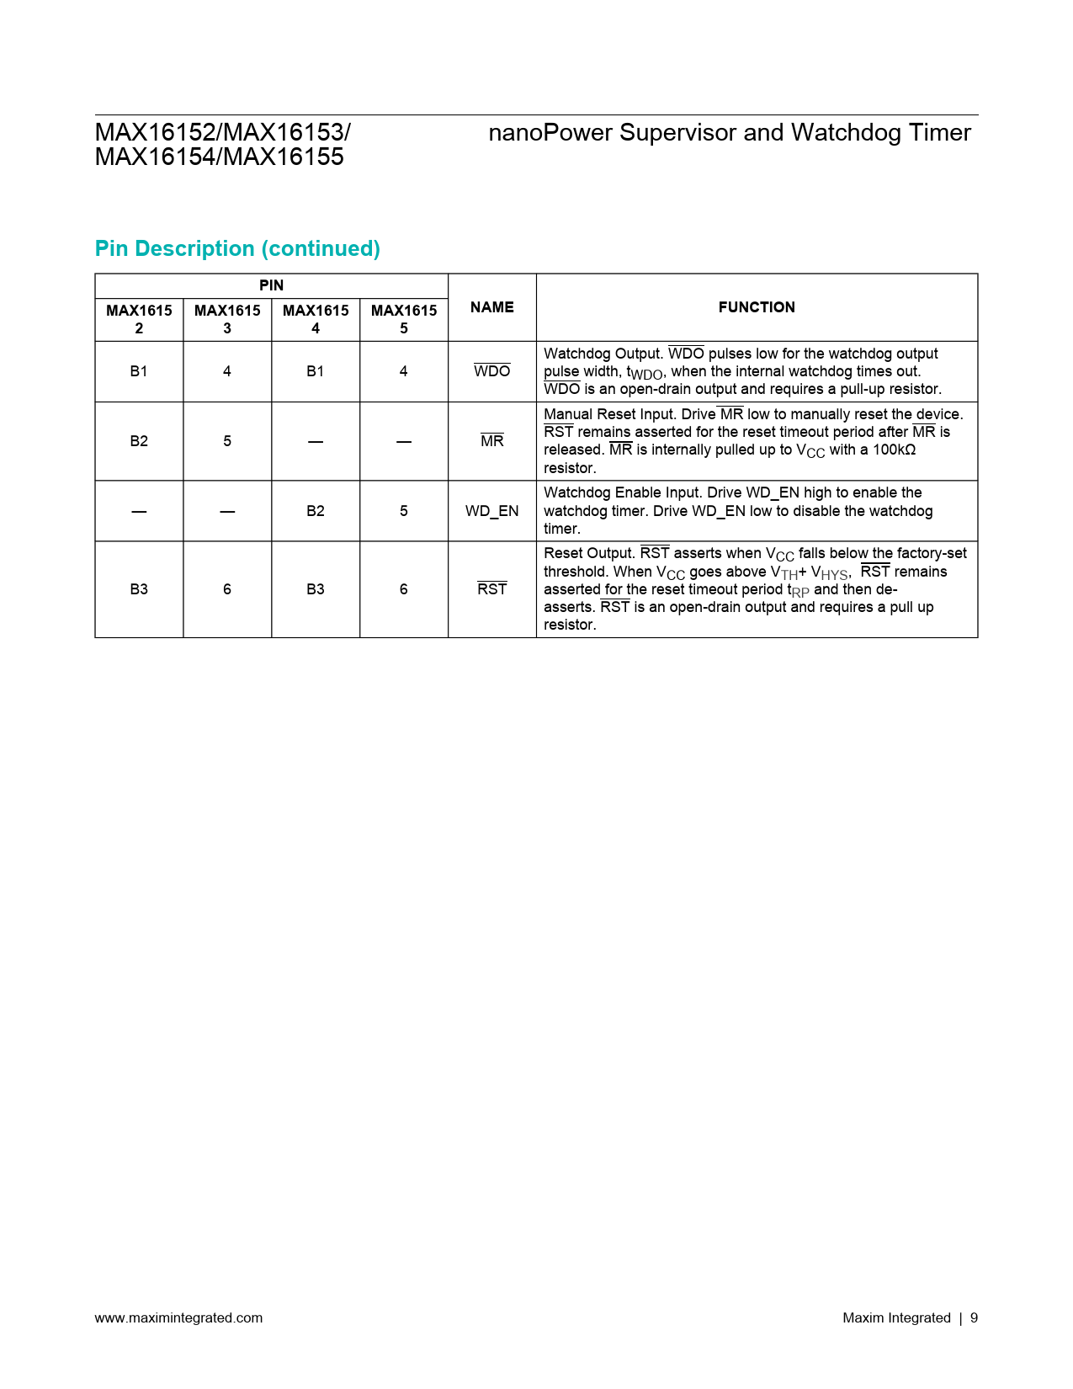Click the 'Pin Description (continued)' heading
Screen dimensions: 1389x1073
click(237, 249)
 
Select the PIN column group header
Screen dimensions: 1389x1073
click(271, 285)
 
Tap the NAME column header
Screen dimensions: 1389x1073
click(491, 307)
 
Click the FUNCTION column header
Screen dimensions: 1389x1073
click(756, 307)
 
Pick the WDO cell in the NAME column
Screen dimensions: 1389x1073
click(491, 371)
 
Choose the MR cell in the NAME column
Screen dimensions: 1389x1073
click(491, 441)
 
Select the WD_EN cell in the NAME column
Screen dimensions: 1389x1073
click(491, 511)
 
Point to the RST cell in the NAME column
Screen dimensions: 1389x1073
click(491, 589)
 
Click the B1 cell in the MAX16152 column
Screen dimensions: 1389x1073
click(139, 371)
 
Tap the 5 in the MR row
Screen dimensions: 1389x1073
click(227, 441)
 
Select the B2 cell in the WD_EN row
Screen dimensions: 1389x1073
click(315, 511)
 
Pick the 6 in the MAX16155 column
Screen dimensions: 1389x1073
click(403, 589)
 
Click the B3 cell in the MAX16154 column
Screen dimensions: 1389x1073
click(315, 589)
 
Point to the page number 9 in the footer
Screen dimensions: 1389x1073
click(974, 1318)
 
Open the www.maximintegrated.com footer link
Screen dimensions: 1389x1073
click(178, 1318)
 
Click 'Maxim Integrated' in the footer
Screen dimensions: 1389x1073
click(896, 1318)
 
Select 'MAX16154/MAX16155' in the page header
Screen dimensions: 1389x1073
click(219, 157)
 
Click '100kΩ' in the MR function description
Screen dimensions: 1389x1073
click(894, 450)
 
